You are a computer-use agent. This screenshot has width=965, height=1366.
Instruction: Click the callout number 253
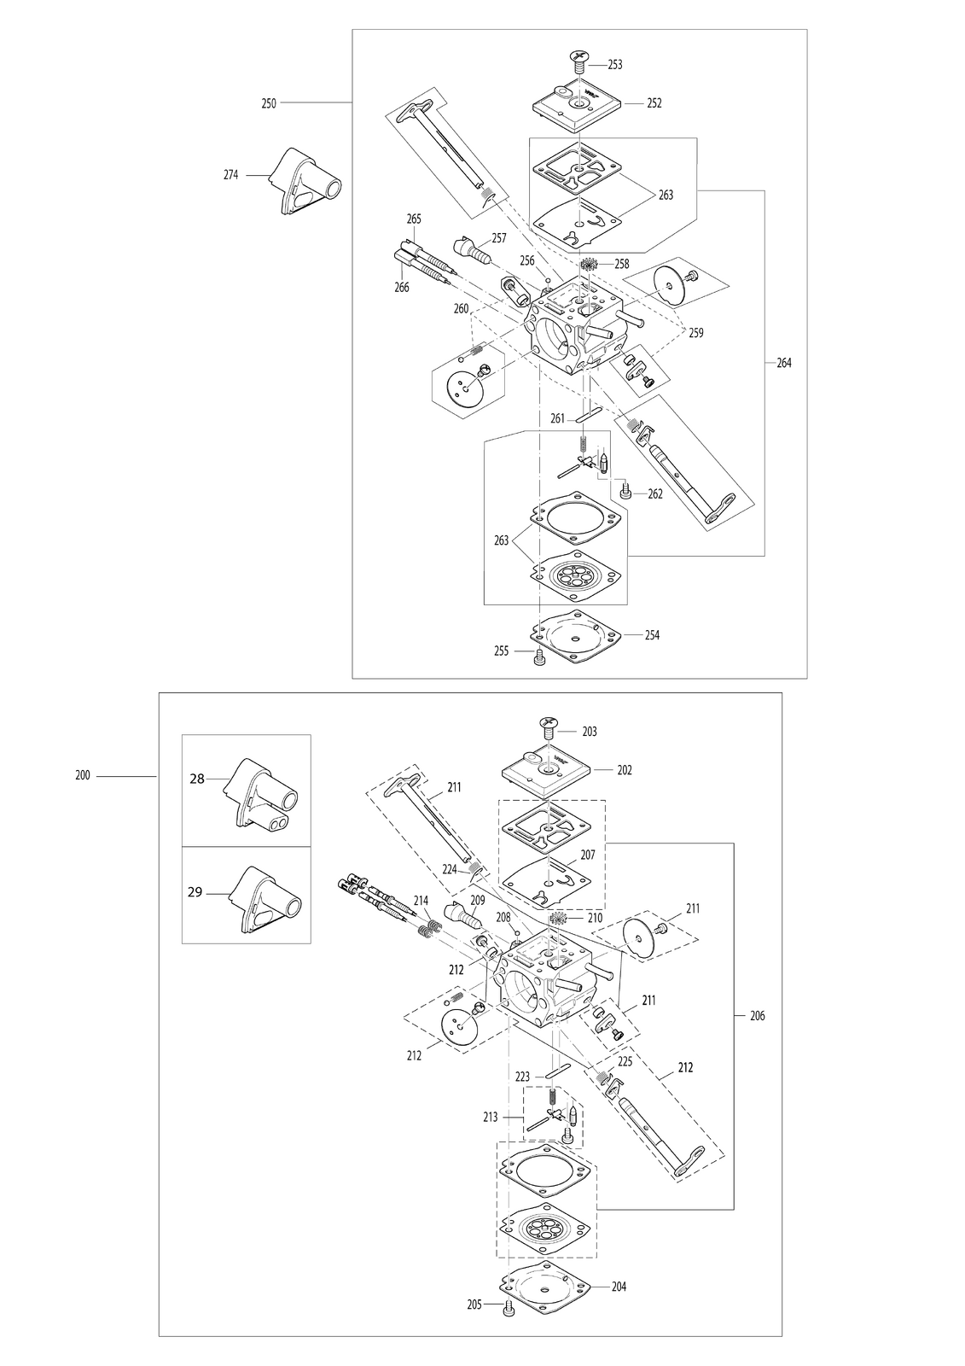pyautogui.click(x=615, y=65)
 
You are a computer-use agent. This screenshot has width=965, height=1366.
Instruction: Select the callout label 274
pyautogui.click(x=230, y=175)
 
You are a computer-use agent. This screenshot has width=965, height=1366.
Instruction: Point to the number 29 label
pyautogui.click(x=195, y=892)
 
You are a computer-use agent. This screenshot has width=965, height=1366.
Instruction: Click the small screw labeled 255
pyautogui.click(x=538, y=656)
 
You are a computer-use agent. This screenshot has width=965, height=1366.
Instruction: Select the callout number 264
pyautogui.click(x=784, y=363)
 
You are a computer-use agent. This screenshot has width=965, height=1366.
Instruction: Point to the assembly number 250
pyautogui.click(x=268, y=103)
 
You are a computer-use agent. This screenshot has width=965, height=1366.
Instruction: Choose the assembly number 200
pyautogui.click(x=82, y=776)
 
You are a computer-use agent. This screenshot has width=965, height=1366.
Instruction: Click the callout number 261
pyautogui.click(x=557, y=419)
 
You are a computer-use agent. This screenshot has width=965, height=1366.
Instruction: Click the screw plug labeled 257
pyautogui.click(x=473, y=249)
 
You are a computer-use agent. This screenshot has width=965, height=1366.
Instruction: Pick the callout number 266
pyautogui.click(x=401, y=287)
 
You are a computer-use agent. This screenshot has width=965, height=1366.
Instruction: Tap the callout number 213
pyautogui.click(x=490, y=1118)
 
